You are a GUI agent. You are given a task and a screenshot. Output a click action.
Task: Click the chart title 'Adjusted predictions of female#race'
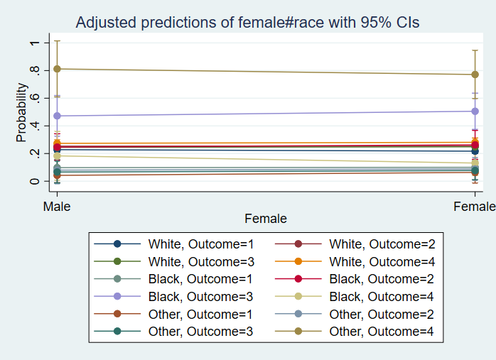pos(247,23)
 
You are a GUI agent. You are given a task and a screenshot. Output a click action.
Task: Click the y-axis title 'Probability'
pos(22,112)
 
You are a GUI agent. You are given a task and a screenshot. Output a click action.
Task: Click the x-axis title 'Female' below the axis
pos(266,219)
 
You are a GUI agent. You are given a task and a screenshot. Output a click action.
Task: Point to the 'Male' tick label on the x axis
pos(57,206)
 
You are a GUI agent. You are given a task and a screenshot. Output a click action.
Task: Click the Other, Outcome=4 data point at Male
pos(57,69)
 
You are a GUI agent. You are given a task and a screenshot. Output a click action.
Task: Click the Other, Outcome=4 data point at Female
pos(475,75)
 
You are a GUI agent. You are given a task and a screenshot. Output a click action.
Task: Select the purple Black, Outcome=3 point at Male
pos(57,116)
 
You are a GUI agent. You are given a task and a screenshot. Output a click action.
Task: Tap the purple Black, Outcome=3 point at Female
pos(475,111)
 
